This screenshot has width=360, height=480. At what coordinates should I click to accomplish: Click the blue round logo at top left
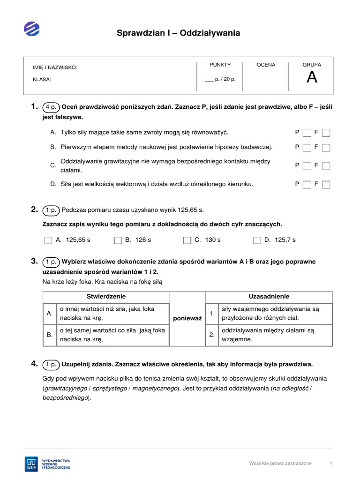tap(32, 29)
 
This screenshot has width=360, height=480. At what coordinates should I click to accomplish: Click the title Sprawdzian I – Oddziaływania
tap(178, 33)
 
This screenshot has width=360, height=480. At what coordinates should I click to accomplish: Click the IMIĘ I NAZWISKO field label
tap(55, 67)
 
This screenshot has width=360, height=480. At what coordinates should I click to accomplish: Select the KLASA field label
tap(42, 80)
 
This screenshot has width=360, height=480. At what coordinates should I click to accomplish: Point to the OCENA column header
tap(266, 65)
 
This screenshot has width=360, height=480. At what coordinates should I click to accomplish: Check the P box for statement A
tap(307, 133)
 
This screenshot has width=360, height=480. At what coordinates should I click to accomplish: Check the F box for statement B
tap(326, 148)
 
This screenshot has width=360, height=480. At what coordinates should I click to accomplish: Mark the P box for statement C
tap(307, 166)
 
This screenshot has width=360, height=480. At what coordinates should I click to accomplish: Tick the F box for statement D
tap(326, 185)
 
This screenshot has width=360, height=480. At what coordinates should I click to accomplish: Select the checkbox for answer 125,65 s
tap(48, 240)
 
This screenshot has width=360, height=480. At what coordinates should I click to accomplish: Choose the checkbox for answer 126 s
tap(118, 240)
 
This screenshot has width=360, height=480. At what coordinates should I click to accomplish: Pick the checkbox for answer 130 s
tap(187, 240)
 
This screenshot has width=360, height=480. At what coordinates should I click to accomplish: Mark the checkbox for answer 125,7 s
tap(256, 240)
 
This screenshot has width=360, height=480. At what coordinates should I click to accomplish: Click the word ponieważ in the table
tap(187, 319)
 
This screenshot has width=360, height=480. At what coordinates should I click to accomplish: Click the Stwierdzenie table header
tap(106, 297)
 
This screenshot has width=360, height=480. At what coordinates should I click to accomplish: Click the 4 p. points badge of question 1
tap(51, 107)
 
